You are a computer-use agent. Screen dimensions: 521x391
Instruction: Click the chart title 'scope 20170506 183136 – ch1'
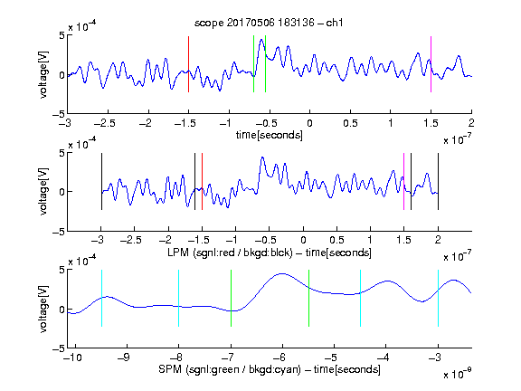(269, 23)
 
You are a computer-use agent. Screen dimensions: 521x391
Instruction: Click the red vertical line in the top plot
(189, 64)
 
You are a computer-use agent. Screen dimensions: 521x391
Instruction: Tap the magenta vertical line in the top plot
(431, 64)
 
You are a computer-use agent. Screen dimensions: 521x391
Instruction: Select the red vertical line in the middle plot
(202, 182)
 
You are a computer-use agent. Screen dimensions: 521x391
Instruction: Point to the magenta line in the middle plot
(403, 182)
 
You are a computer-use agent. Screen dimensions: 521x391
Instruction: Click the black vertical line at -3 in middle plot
(101, 182)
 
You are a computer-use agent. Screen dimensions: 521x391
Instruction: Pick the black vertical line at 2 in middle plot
(438, 182)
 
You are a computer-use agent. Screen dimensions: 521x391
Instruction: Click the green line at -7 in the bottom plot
(231, 299)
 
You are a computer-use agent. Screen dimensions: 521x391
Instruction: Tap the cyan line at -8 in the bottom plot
(179, 299)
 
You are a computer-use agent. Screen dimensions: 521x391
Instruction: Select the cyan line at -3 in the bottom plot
(438, 299)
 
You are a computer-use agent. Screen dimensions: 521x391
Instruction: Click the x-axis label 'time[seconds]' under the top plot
(270, 135)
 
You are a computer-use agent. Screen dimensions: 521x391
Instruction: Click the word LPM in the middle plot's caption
(178, 253)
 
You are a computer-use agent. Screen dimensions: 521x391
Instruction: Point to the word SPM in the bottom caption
(170, 369)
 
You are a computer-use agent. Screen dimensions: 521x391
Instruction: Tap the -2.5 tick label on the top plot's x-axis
(104, 123)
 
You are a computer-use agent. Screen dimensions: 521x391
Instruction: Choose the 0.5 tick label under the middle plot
(336, 240)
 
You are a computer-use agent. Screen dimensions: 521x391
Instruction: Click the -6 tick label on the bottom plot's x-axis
(279, 358)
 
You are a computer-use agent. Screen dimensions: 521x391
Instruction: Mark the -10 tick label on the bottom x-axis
(72, 358)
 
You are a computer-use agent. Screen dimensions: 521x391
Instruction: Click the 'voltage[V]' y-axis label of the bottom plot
(43, 310)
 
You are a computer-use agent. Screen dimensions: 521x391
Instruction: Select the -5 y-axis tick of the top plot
(59, 114)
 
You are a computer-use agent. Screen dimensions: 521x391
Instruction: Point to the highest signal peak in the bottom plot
(282, 273)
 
